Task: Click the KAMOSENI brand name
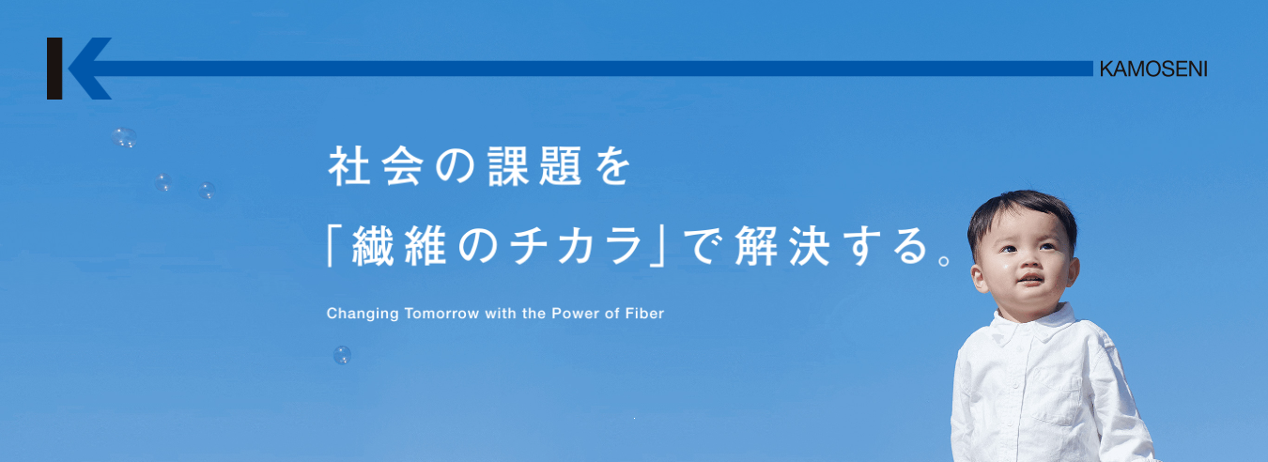1153,69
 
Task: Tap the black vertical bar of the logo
54,69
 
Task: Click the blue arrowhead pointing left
90,69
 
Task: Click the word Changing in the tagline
363,314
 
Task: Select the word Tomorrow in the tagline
442,313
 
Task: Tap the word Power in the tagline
572,313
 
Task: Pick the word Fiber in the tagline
644,313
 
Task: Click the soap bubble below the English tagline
343,355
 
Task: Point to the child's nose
1026,262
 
